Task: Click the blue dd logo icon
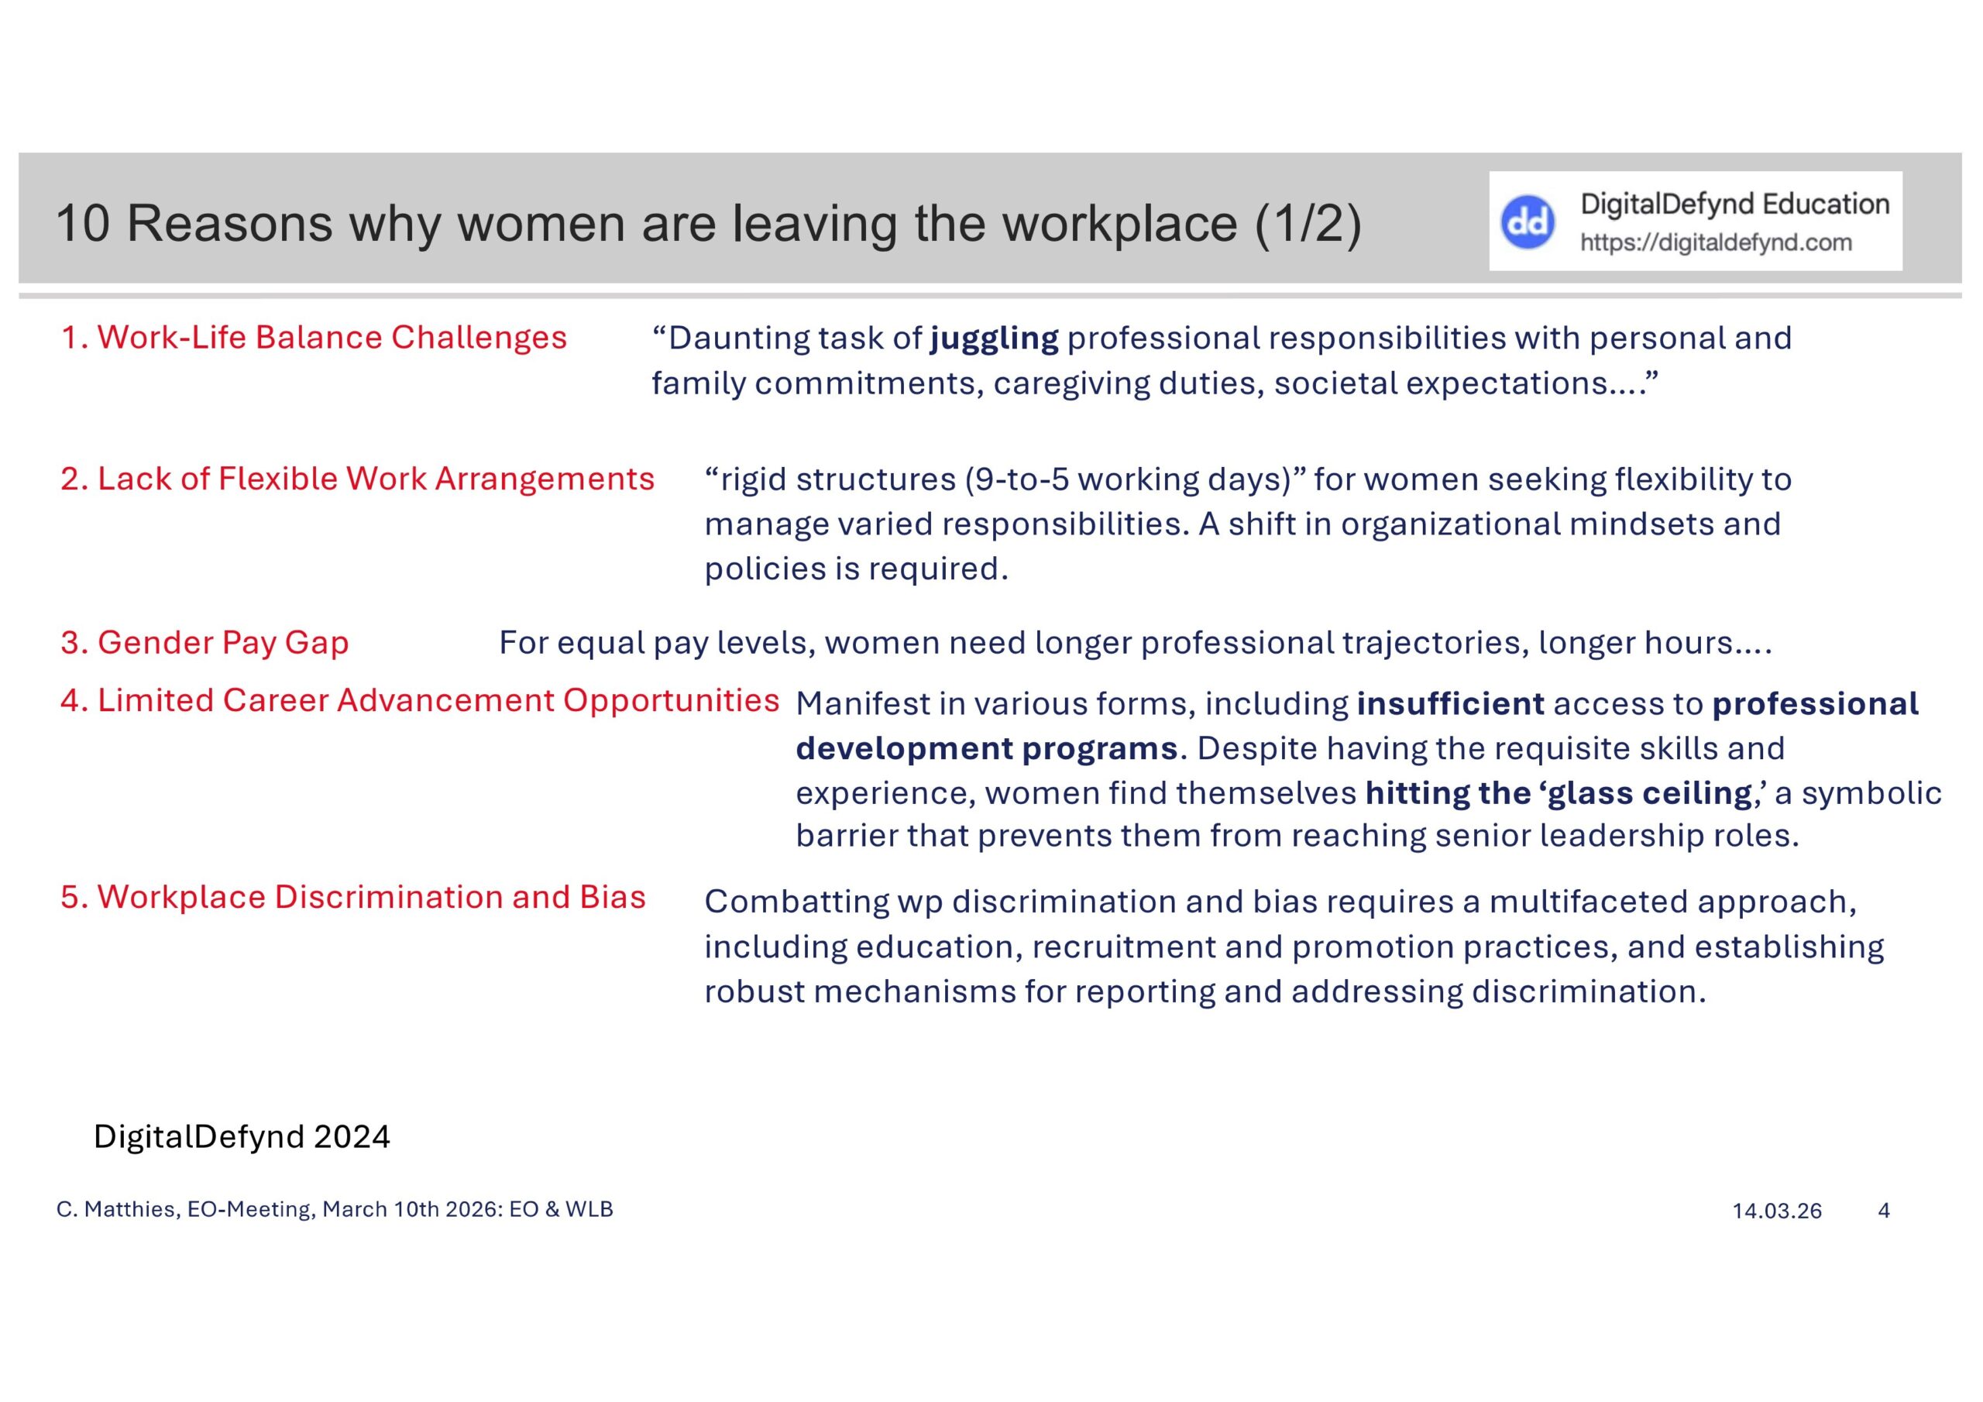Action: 1527,222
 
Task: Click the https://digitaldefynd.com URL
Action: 1716,242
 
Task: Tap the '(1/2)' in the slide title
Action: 1308,223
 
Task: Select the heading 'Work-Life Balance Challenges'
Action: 332,337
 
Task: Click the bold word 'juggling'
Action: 994,338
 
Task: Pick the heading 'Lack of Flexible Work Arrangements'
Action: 376,479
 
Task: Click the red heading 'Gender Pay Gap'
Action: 223,643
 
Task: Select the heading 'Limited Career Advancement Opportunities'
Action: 438,700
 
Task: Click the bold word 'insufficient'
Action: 1451,703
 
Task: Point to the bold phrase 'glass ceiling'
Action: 1650,793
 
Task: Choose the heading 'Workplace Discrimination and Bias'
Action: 371,898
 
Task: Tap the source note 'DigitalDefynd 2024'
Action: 242,1137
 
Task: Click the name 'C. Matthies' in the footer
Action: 115,1209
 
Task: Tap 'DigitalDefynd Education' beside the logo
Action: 1735,204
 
